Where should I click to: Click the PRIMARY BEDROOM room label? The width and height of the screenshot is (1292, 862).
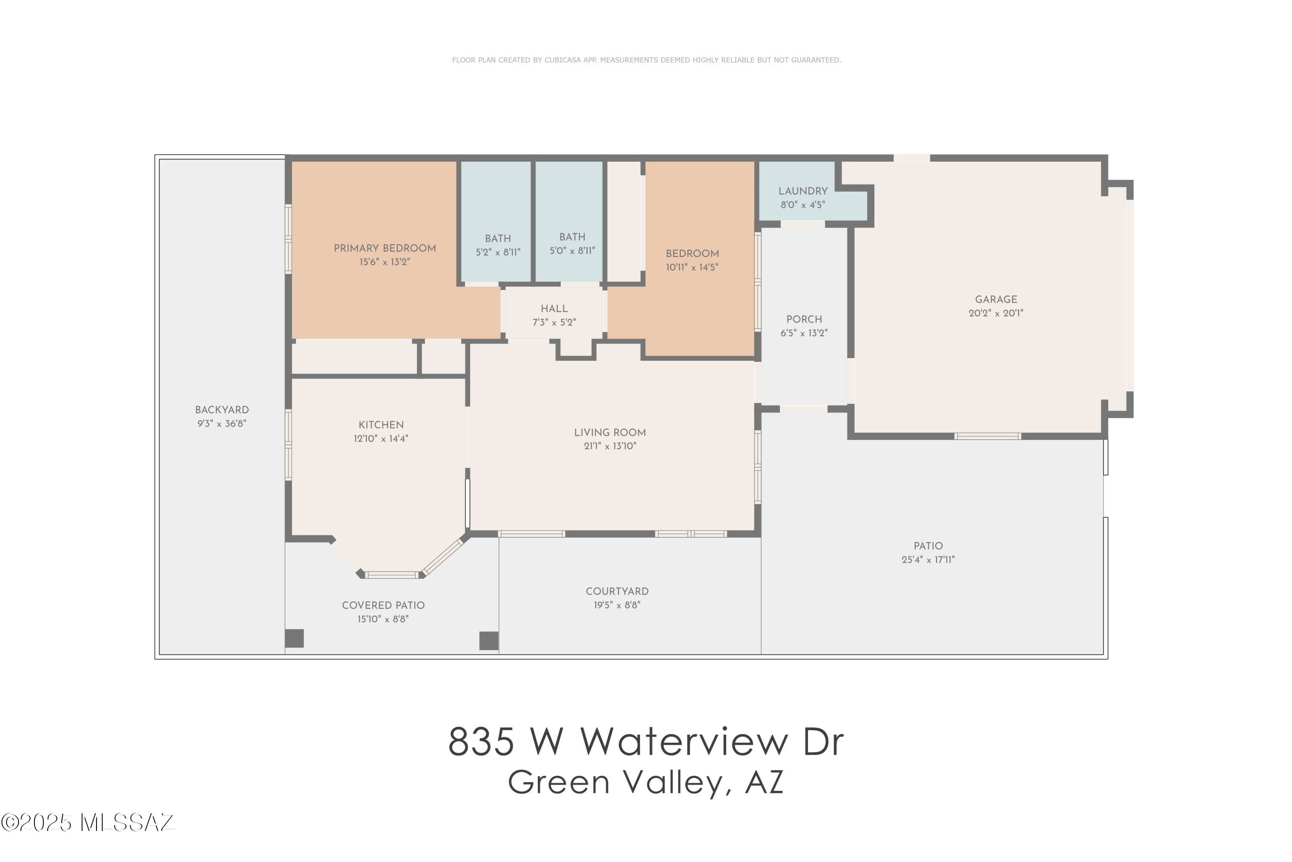click(x=385, y=249)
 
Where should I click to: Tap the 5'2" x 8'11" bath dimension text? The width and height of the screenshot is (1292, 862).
click(x=498, y=252)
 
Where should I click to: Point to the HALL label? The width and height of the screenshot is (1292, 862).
click(x=554, y=309)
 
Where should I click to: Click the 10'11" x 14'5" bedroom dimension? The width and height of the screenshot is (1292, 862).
click(x=692, y=268)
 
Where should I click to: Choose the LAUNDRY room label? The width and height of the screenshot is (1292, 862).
click(x=803, y=191)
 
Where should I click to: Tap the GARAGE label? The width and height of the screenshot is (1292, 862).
click(x=995, y=300)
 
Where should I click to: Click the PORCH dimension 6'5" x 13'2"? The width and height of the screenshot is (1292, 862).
click(x=804, y=333)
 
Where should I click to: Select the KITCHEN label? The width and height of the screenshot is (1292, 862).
click(x=381, y=425)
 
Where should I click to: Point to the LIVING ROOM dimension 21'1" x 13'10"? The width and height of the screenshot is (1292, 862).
click(x=610, y=447)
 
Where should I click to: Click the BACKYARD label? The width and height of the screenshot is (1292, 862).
click(x=222, y=410)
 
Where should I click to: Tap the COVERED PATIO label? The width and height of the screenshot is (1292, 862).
click(x=383, y=605)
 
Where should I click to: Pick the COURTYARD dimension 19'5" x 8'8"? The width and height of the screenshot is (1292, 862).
click(x=617, y=605)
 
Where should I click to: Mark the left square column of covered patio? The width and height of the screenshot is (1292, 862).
click(x=295, y=638)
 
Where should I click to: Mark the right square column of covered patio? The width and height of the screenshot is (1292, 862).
click(x=488, y=640)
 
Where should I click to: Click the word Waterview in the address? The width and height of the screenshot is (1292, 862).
click(x=684, y=742)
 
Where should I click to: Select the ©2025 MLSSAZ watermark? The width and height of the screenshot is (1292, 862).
click(x=87, y=823)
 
